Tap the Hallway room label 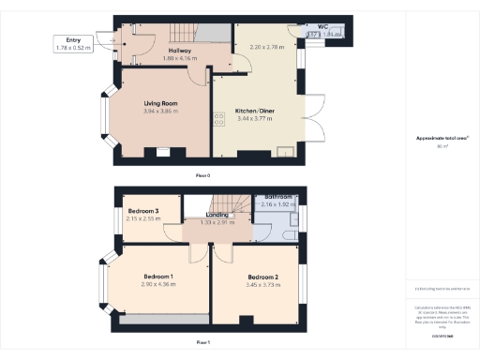pyautogui.click(x=179, y=50)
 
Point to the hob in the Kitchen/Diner pyautogui.click(x=218, y=118)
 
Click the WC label pyautogui.click(x=322, y=26)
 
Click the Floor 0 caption pyautogui.click(x=202, y=175)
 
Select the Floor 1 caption pyautogui.click(x=202, y=343)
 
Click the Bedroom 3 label pyautogui.click(x=143, y=211)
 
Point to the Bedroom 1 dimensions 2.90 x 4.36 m pyautogui.click(x=158, y=284)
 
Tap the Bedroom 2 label pyautogui.click(x=262, y=277)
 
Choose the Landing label pyautogui.click(x=218, y=215)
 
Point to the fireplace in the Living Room pyautogui.click(x=161, y=153)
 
